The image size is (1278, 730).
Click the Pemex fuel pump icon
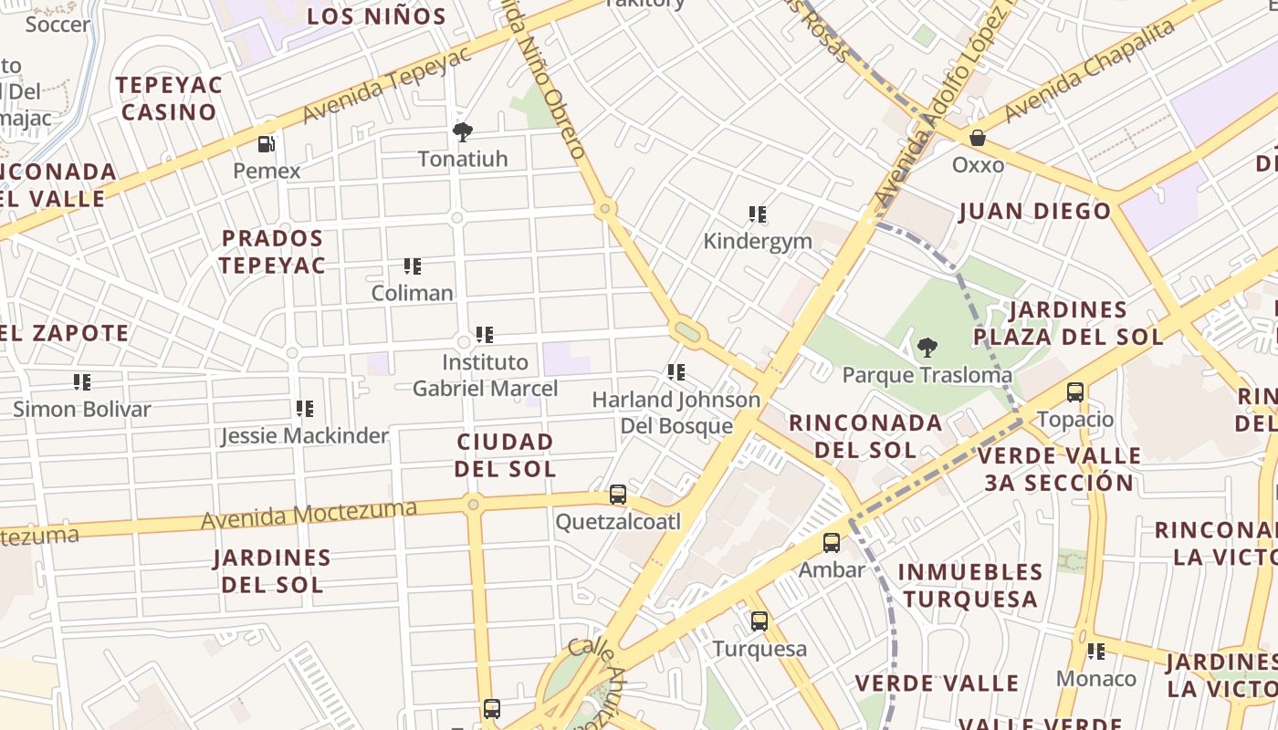coord(267,143)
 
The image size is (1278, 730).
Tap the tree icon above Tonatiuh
coord(463,132)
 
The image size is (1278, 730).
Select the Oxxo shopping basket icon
coord(978,138)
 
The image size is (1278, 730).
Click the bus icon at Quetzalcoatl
coord(618,495)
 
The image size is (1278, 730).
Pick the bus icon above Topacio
coord(1075,392)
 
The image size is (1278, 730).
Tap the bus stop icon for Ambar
coord(832,543)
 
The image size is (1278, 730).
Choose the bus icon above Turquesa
coord(759,621)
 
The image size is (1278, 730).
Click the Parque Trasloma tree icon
coord(927,348)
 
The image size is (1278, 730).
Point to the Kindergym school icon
coord(757,214)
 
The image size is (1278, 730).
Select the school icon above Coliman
coord(413,266)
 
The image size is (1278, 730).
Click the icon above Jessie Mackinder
coord(305,409)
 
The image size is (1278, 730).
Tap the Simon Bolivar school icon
coord(82,382)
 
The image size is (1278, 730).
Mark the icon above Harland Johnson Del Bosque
coord(676,372)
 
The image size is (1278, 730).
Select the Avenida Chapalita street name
coord(1088,70)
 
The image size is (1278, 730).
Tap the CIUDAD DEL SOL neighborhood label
coord(505,455)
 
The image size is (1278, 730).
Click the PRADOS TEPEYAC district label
coord(272,252)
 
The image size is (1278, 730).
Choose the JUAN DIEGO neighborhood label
coord(1034,212)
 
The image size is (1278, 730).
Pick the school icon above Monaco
coord(1096,652)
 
